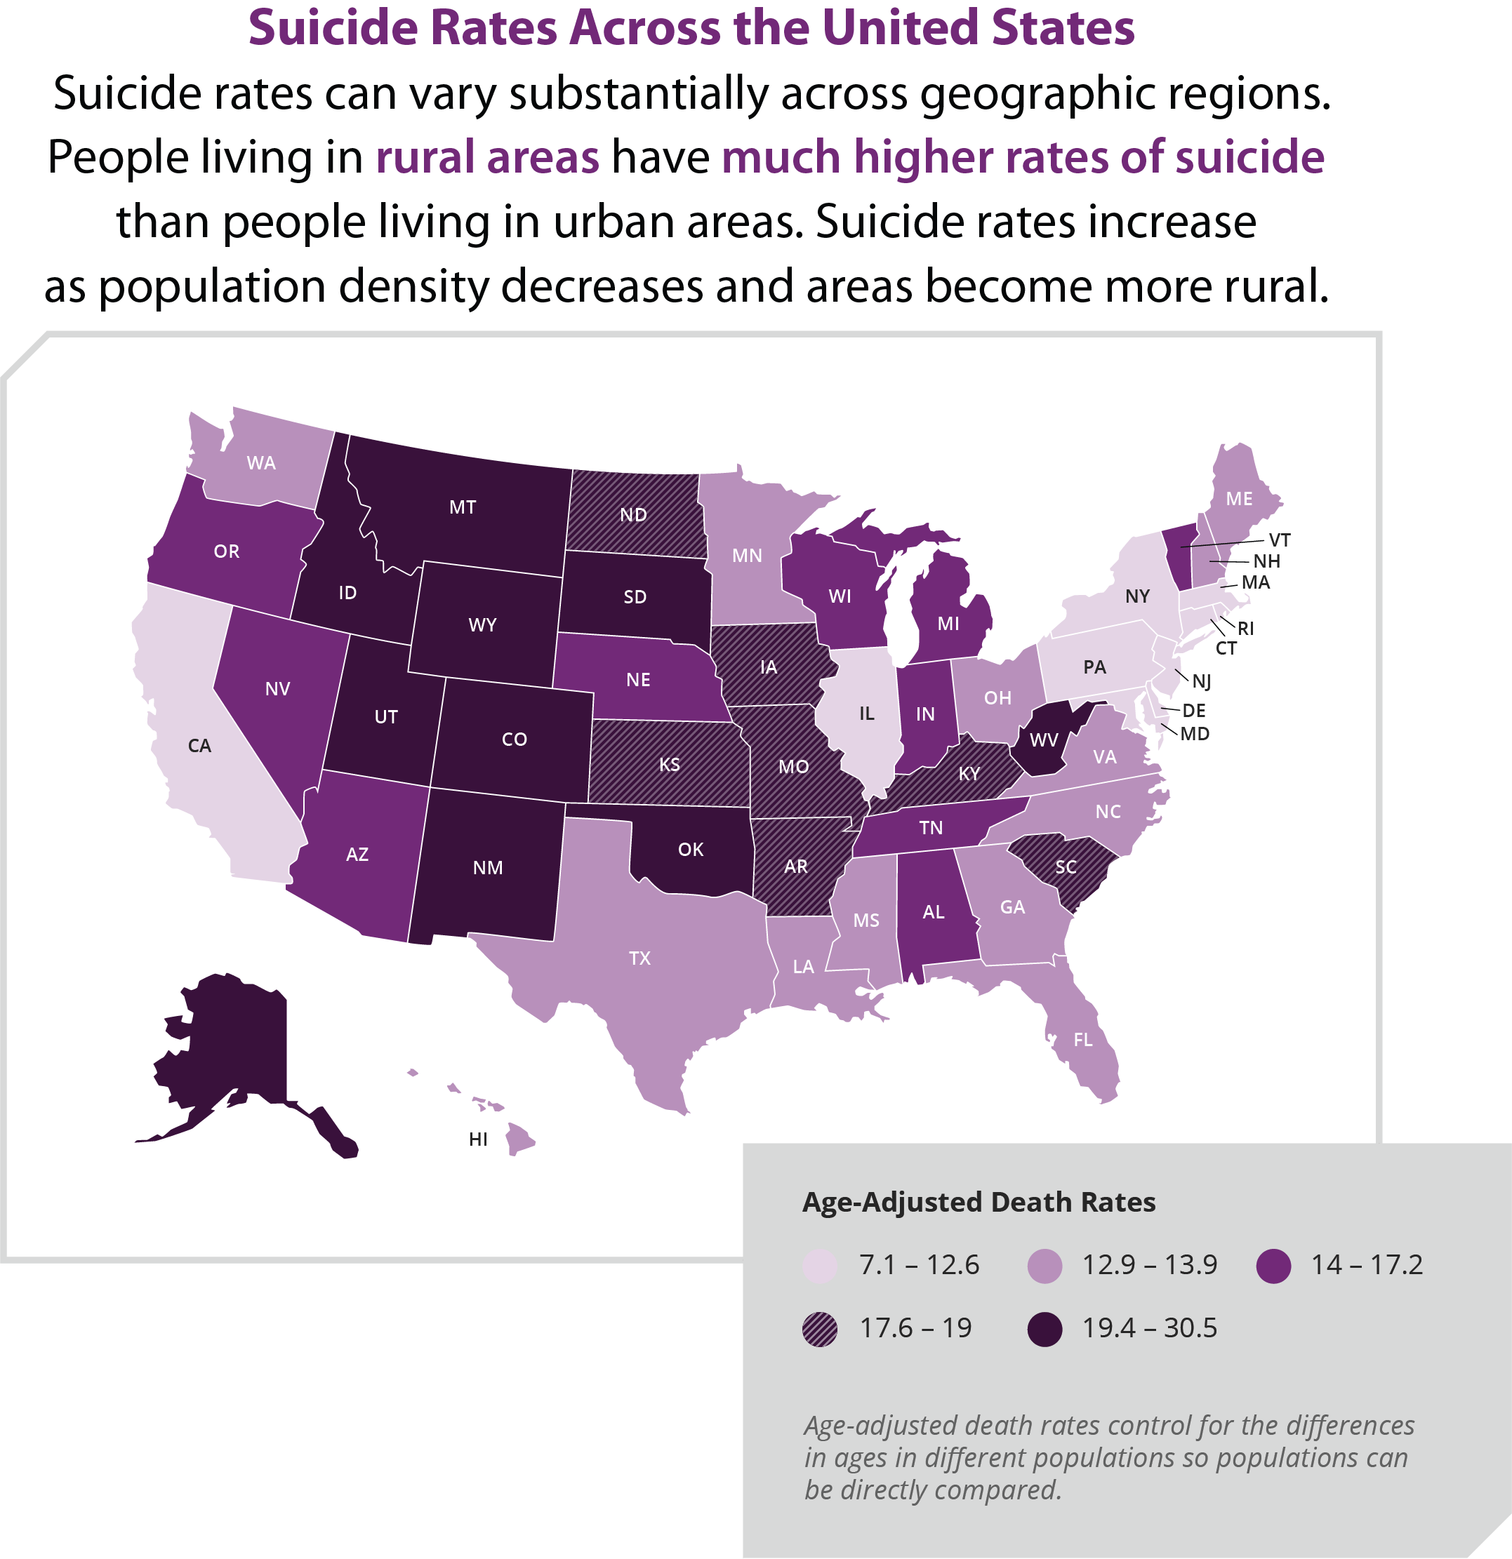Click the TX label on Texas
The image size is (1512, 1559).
click(x=639, y=958)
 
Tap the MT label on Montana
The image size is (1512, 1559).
click(x=463, y=507)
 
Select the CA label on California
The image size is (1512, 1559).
click(x=199, y=746)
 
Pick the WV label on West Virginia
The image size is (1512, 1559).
click(x=1043, y=740)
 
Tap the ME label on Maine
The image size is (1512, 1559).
click(x=1238, y=499)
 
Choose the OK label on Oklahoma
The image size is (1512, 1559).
click(x=690, y=850)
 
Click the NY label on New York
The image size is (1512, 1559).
click(x=1137, y=596)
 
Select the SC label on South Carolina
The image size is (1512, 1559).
click(x=1066, y=867)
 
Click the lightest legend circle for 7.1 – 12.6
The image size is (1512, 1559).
click(x=820, y=1266)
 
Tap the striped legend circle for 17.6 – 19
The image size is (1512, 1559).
click(x=820, y=1329)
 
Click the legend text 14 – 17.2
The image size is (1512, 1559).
click(x=1367, y=1265)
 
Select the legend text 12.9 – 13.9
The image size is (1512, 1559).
click(x=1149, y=1265)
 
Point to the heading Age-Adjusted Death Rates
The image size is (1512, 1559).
click(x=978, y=1202)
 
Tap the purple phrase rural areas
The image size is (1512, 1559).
click(x=487, y=156)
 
